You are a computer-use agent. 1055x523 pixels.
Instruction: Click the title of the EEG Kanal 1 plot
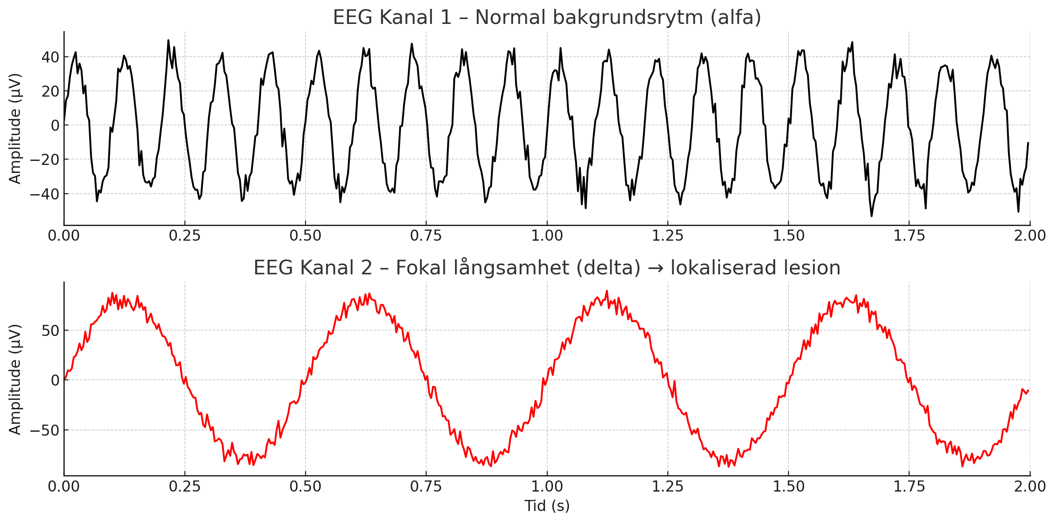click(x=547, y=18)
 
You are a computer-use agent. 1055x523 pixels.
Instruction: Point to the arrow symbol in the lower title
click(x=655, y=269)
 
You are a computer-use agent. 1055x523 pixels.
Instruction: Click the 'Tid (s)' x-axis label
click(x=547, y=506)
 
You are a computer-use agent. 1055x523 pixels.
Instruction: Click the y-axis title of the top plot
click(x=15, y=129)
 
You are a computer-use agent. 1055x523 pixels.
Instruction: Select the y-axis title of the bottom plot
click(x=15, y=379)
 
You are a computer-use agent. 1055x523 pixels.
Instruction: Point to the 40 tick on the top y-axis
click(x=50, y=57)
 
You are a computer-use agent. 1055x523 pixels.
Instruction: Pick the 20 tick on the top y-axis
click(x=50, y=91)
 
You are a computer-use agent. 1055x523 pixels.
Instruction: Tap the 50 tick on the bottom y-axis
click(x=50, y=331)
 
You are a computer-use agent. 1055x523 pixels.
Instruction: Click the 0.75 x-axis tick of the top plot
click(x=426, y=236)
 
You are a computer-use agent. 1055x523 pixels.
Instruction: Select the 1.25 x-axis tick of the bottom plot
click(x=667, y=487)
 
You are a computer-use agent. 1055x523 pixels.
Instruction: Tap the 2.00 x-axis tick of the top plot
click(x=1030, y=236)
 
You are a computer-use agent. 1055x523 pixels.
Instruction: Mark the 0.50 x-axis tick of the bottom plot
click(x=305, y=487)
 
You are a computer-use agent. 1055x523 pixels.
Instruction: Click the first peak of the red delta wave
click(x=113, y=293)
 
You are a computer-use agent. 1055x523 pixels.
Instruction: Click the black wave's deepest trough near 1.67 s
click(x=871, y=216)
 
